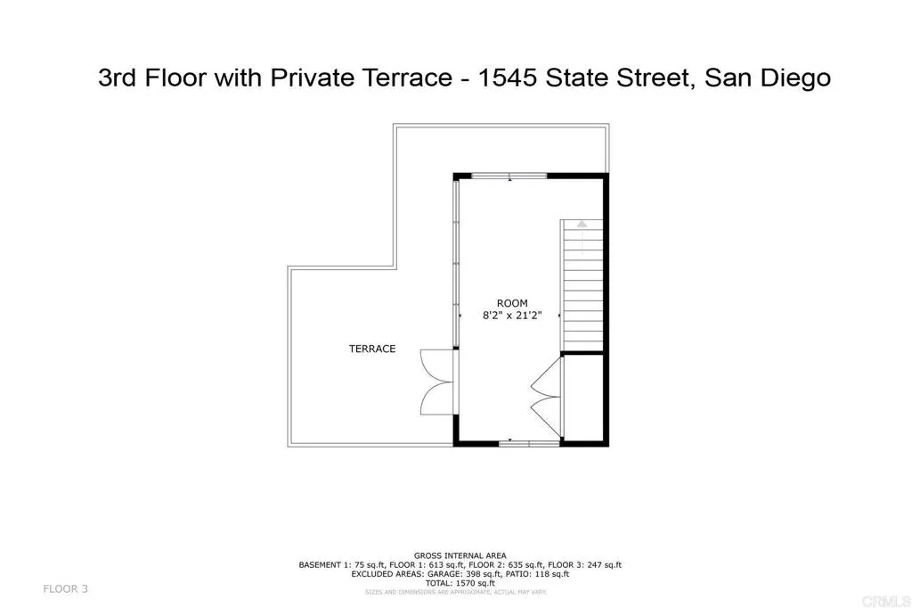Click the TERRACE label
(372, 349)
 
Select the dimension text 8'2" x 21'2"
(512, 315)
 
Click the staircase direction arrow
(582, 226)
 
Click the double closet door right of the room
(545, 390)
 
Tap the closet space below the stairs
(584, 398)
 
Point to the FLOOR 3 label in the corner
(66, 588)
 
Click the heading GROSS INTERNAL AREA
(460, 555)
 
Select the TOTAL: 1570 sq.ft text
(460, 582)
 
